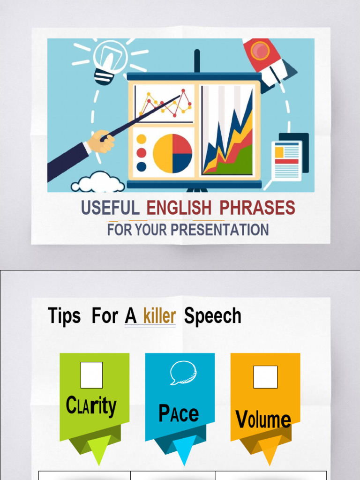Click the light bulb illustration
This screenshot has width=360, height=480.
tap(109, 61)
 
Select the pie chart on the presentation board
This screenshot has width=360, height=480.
tap(172, 153)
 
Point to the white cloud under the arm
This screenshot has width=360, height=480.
tap(98, 183)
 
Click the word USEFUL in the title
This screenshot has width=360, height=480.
tap(110, 208)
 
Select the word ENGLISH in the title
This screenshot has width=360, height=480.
tap(179, 208)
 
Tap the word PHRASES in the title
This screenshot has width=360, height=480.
tap(257, 208)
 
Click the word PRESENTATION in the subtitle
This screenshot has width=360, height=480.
tap(219, 230)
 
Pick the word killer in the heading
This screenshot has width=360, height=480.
tap(159, 316)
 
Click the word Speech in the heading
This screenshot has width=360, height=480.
tap(213, 316)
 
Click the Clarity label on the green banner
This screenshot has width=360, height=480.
tap(91, 406)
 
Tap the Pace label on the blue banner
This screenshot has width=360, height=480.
tap(179, 413)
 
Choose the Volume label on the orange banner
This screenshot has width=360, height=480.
tap(263, 419)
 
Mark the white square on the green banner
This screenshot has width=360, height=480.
tap(91, 375)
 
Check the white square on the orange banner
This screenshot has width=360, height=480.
tap(265, 377)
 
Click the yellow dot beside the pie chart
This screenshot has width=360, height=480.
tap(142, 139)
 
